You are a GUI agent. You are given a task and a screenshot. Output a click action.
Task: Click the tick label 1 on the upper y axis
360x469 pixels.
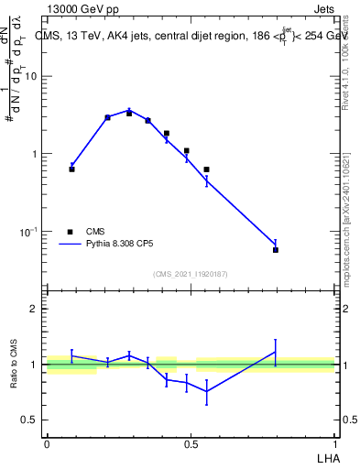(x=35, y=154)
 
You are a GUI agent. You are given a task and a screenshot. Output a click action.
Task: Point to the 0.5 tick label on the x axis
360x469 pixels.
(x=191, y=443)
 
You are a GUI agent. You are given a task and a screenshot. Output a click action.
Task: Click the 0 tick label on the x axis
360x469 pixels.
(x=47, y=443)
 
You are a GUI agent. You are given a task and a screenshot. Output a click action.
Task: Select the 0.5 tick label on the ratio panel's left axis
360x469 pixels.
(x=30, y=420)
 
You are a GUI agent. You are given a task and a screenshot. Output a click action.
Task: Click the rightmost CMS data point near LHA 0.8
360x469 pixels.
(x=276, y=249)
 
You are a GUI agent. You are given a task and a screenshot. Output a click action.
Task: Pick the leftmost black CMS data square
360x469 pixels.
(x=71, y=169)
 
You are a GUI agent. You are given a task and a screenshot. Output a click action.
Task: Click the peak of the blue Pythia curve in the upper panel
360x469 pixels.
(x=129, y=109)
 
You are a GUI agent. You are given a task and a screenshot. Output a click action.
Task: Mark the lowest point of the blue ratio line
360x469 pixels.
(x=206, y=391)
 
